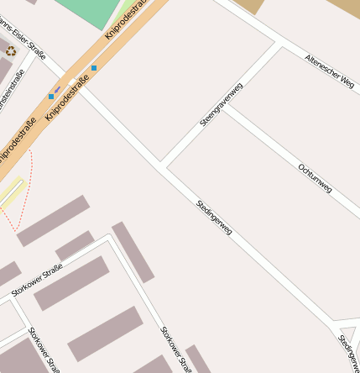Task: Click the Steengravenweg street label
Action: (222, 105)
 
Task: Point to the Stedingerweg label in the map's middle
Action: (214, 217)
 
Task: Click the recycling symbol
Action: (11, 51)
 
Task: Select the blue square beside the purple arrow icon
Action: (51, 97)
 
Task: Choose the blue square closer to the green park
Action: (94, 67)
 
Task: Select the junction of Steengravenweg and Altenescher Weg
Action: (279, 42)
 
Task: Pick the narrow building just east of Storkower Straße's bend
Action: (133, 252)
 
